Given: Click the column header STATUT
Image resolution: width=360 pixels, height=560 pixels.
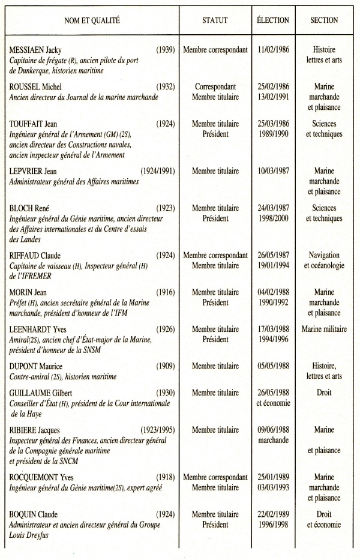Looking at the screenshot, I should click(x=215, y=20).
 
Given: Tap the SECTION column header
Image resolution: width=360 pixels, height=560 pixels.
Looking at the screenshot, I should click(x=324, y=20).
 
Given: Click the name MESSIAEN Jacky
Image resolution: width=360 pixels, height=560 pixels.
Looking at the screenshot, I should click(x=40, y=50).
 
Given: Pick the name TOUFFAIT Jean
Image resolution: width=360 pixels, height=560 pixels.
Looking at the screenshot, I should click(x=38, y=124).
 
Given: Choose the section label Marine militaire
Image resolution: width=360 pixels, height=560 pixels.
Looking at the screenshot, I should click(x=324, y=329).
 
